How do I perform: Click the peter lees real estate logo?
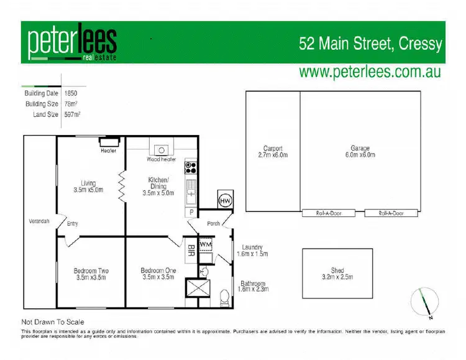click(x=71, y=43)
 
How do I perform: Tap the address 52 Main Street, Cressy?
click(x=370, y=44)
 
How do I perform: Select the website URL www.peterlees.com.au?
click(x=370, y=72)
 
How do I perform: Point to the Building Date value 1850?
click(x=71, y=93)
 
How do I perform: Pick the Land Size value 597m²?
click(x=73, y=114)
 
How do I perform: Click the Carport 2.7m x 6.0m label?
click(x=273, y=152)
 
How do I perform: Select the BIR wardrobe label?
click(x=191, y=252)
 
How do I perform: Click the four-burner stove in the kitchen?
click(x=190, y=167)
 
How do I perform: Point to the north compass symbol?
click(x=424, y=302)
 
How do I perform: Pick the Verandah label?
click(x=39, y=221)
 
